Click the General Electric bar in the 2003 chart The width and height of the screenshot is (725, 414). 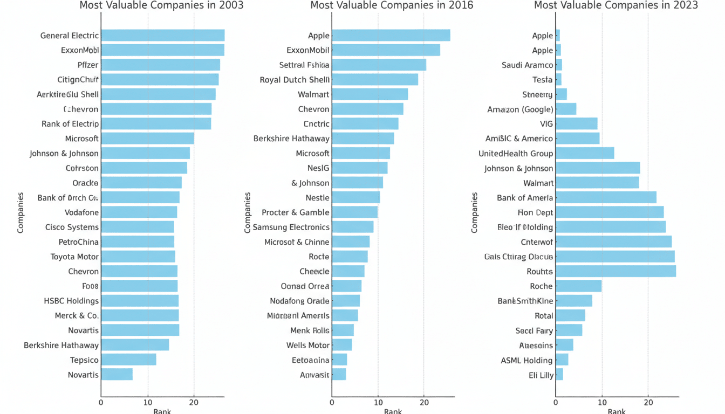(x=162, y=36)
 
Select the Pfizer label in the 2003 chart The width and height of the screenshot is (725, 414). (x=88, y=65)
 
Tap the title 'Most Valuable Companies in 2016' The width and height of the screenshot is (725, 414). (x=392, y=5)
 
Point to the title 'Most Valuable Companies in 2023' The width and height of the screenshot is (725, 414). (x=615, y=5)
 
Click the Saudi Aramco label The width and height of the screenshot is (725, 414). (x=527, y=65)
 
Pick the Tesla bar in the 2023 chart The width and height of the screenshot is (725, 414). (x=558, y=80)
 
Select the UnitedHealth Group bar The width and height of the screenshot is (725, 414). (x=585, y=153)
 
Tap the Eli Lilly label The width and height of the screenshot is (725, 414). (x=541, y=375)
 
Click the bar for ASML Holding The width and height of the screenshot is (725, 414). (x=562, y=360)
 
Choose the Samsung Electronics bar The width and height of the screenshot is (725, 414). (x=352, y=227)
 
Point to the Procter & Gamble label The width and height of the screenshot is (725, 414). (x=295, y=212)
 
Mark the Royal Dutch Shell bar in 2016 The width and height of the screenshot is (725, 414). (x=375, y=80)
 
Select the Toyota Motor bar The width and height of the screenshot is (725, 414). (x=138, y=257)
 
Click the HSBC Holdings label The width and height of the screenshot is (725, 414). (x=71, y=301)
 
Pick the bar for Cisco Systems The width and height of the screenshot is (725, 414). (x=137, y=227)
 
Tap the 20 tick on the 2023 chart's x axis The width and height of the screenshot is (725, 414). (x=648, y=402)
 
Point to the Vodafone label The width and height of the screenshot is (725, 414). (x=81, y=212)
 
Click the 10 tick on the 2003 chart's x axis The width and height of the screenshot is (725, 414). (x=148, y=402)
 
